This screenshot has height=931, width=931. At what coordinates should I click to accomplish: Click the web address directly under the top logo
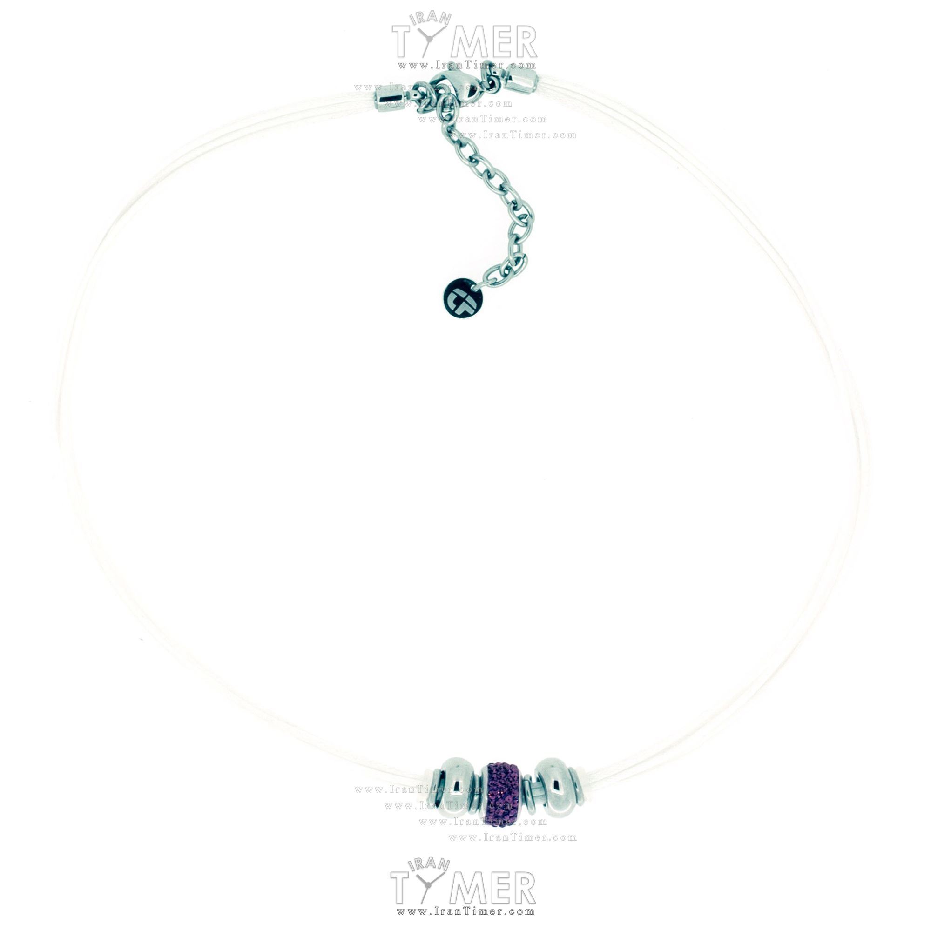[x=466, y=66]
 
